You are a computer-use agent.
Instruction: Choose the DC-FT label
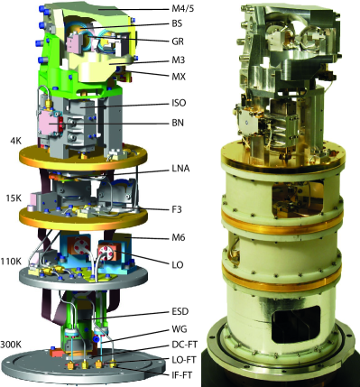180,345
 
